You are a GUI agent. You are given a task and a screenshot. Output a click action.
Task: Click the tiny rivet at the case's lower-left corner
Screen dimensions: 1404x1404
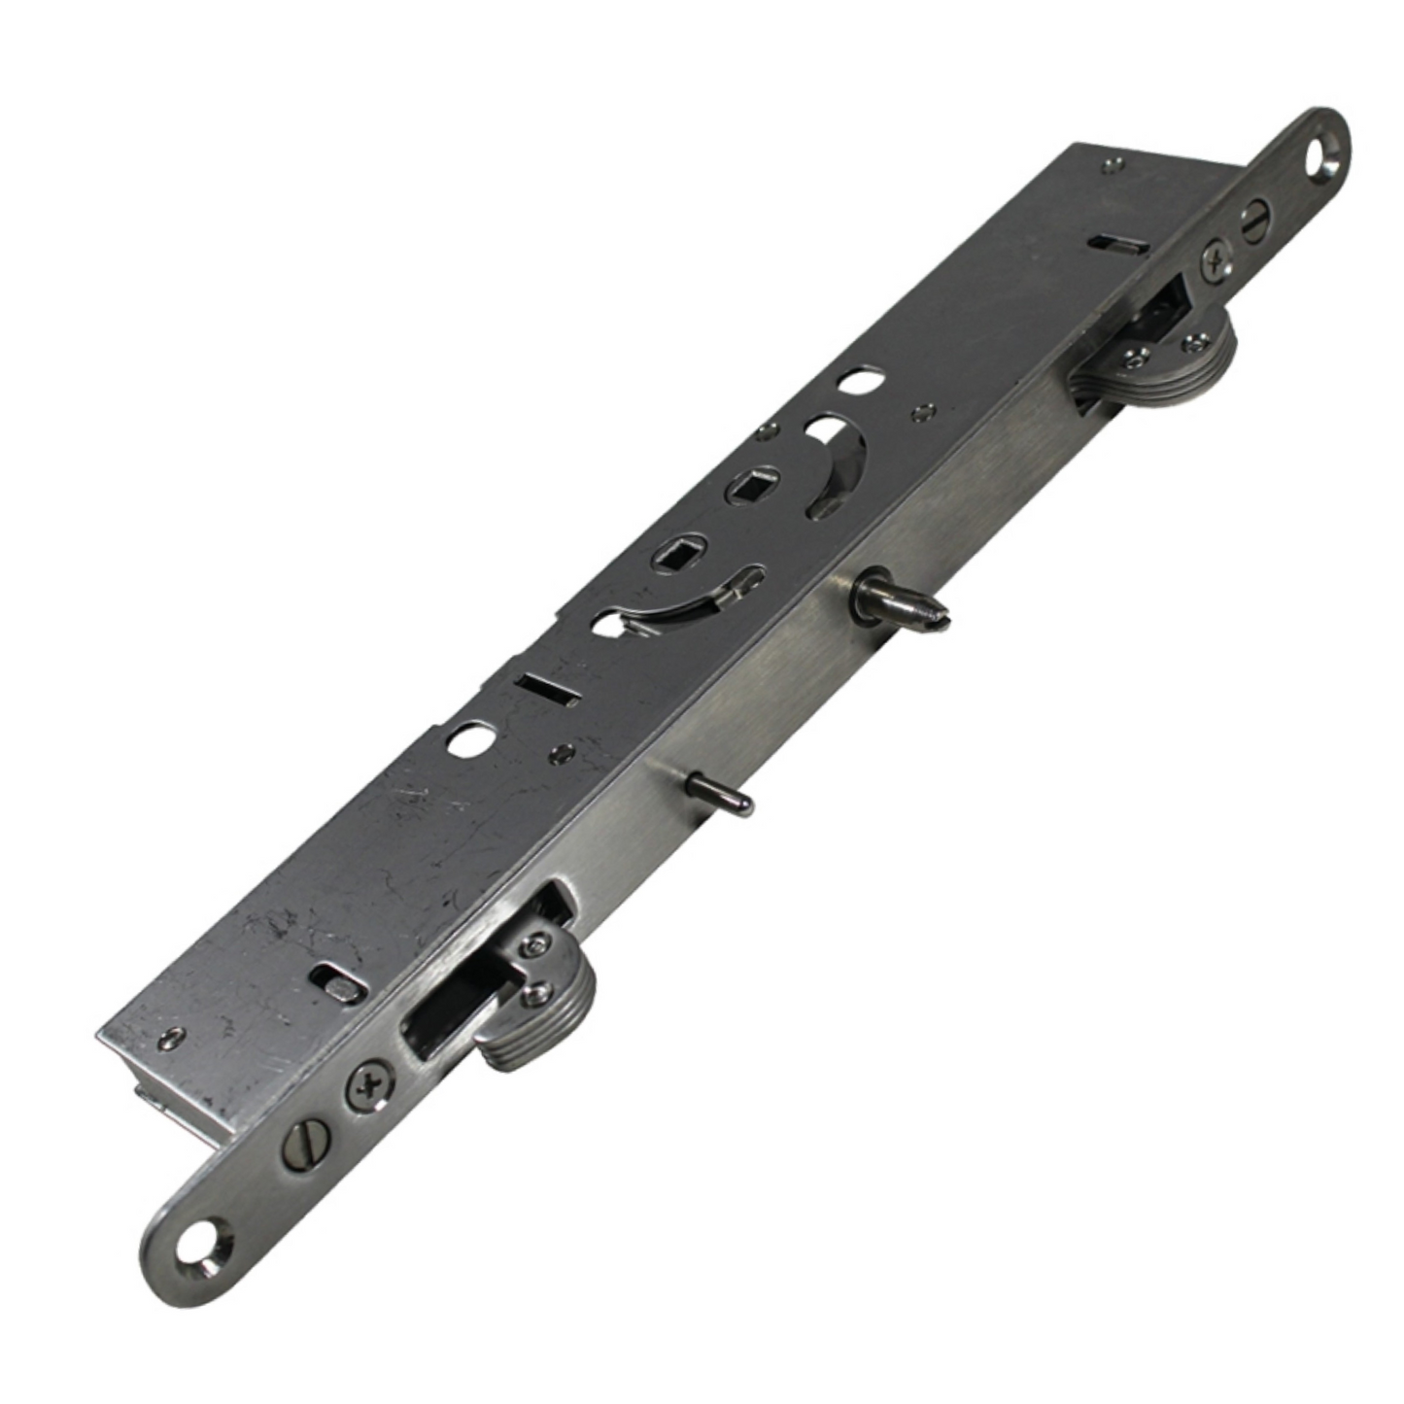click(172, 1037)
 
